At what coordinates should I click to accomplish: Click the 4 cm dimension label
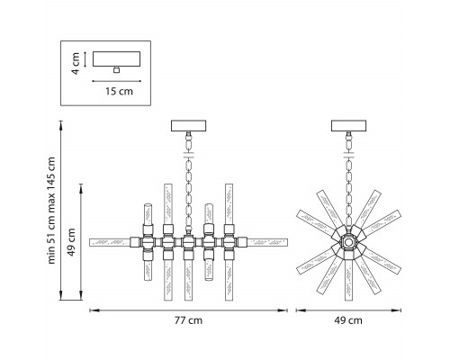(x=76, y=63)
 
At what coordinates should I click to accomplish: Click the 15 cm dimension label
(x=119, y=91)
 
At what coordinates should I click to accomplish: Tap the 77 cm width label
(x=188, y=320)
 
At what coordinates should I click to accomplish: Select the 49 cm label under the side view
(x=348, y=320)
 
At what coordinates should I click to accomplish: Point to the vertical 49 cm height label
(x=71, y=242)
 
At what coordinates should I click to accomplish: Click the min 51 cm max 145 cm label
(x=51, y=211)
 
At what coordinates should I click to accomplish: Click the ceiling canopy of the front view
(x=188, y=126)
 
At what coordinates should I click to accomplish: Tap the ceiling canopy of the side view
(x=348, y=126)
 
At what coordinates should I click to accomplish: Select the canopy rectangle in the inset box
(x=116, y=58)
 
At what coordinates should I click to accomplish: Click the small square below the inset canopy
(x=116, y=70)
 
